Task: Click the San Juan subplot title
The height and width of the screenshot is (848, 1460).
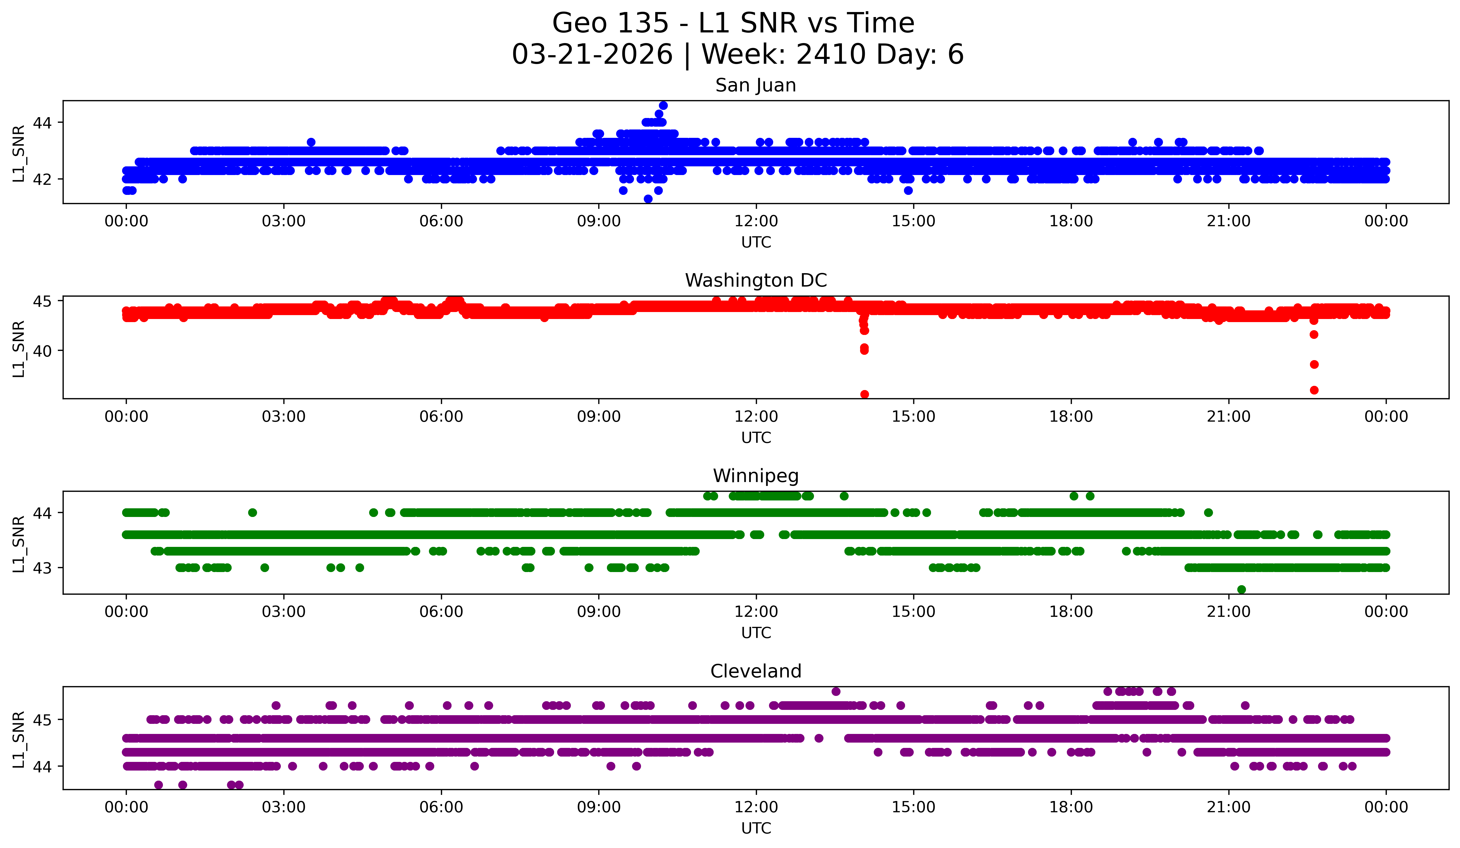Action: [x=756, y=85]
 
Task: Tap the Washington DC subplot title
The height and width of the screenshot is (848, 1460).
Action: [x=756, y=280]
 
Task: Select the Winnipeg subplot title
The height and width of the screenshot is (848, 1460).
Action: [x=756, y=476]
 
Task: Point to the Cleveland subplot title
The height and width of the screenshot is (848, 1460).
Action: [x=756, y=671]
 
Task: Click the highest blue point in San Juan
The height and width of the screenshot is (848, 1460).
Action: [x=663, y=105]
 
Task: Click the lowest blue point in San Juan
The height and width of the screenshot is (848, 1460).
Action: [x=648, y=199]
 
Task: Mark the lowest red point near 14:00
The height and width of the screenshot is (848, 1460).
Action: [x=865, y=394]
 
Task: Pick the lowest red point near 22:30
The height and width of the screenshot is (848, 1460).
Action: [x=1314, y=390]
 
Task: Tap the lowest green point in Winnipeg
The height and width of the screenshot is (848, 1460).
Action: [x=1241, y=589]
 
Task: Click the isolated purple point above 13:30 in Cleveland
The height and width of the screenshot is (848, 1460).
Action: [x=835, y=691]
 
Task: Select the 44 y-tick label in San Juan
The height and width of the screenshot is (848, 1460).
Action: [x=42, y=123]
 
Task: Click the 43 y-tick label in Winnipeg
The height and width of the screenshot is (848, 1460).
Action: [x=42, y=568]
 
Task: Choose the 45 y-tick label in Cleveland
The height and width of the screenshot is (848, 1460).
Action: [x=42, y=720]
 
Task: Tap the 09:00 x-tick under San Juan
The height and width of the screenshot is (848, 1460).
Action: [x=599, y=221]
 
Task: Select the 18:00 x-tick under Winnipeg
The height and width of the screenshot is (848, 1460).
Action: [x=1071, y=612]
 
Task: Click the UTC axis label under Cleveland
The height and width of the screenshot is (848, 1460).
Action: [x=756, y=828]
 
